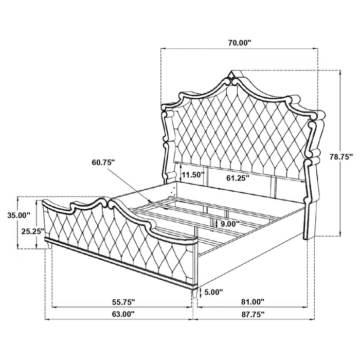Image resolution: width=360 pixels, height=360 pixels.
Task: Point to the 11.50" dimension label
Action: (192, 175)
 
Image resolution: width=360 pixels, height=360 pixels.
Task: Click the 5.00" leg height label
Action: (213, 293)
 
